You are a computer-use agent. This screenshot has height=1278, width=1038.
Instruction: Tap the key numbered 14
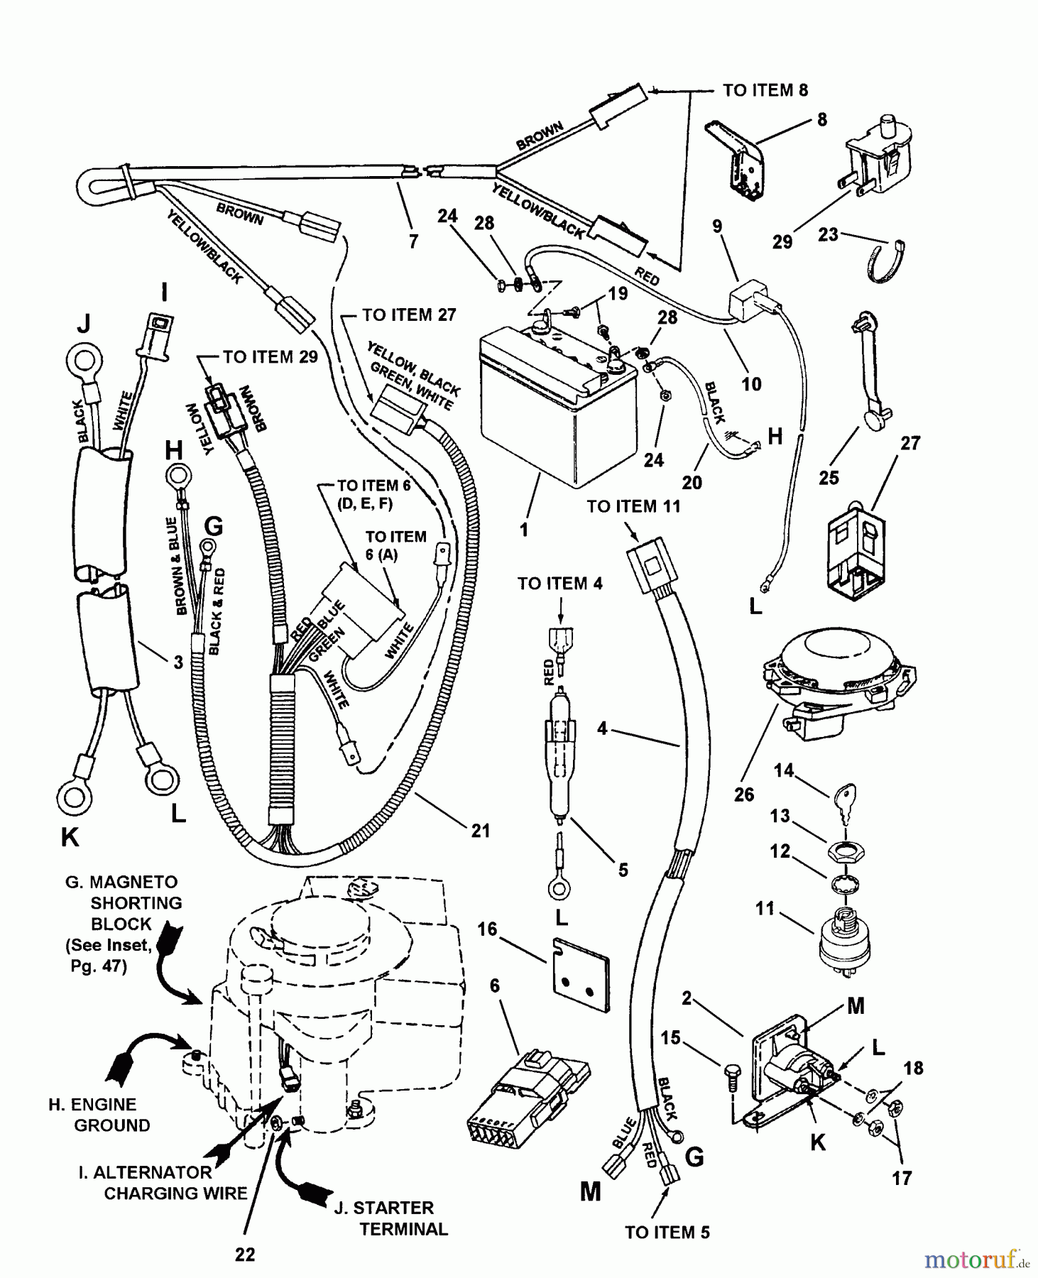tap(846, 796)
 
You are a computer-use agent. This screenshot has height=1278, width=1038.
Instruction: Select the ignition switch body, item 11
tap(843, 939)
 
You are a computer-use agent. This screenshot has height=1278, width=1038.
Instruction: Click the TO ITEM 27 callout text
tap(409, 315)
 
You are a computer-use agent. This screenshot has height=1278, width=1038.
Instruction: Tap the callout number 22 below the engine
tap(245, 1255)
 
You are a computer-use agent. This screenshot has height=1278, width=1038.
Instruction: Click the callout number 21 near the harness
tap(481, 830)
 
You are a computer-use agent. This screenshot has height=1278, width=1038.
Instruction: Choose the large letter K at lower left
tap(70, 838)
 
